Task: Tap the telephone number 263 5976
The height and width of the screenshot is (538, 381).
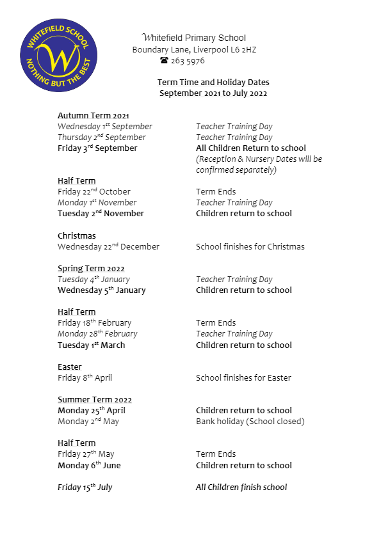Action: [187, 61]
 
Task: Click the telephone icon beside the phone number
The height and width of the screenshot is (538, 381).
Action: [164, 61]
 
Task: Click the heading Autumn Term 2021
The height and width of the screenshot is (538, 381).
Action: [93, 116]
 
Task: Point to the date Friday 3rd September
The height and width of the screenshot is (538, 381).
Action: [97, 148]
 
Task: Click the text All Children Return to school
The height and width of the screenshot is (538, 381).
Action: [251, 148]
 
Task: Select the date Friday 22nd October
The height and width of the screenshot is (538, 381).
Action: [94, 192]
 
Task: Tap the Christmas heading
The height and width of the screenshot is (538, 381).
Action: [77, 236]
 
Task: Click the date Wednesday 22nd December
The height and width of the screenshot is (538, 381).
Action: [109, 247]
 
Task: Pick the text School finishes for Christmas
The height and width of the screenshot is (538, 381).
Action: [250, 247]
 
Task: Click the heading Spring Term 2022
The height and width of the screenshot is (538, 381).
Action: [91, 269]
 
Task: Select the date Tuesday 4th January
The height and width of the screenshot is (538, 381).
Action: [93, 280]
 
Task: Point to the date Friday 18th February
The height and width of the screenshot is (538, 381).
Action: [95, 323]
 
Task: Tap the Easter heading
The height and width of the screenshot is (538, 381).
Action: [70, 367]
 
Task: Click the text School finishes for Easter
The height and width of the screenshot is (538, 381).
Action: [243, 378]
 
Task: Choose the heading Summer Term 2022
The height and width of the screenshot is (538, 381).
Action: [95, 400]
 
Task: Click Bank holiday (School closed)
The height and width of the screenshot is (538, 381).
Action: [250, 422]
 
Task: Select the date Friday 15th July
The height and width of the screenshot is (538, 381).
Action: [85, 487]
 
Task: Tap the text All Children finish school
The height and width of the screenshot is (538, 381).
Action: [241, 487]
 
